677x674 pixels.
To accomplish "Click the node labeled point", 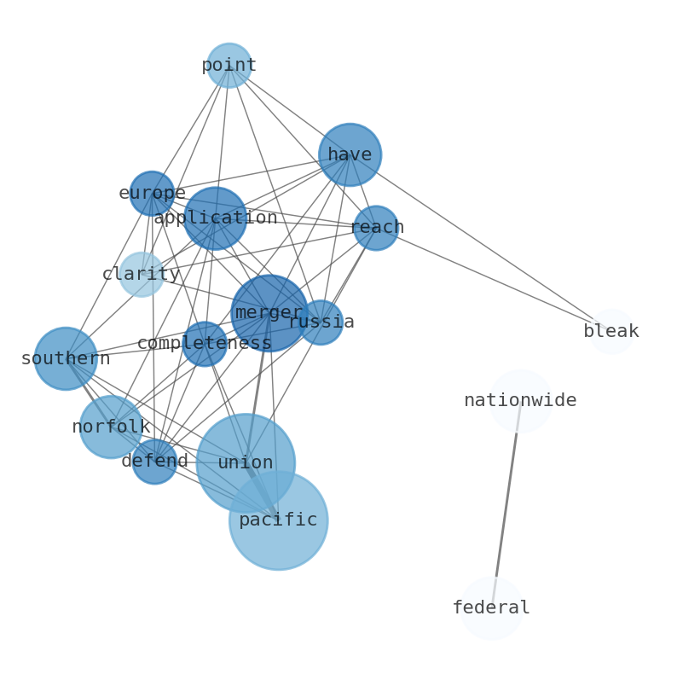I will [x=229, y=66].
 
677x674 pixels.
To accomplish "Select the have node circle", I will [x=350, y=154].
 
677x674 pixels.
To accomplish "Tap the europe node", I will [x=152, y=194].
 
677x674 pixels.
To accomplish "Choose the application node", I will [x=215, y=218].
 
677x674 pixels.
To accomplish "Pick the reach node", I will [x=376, y=228].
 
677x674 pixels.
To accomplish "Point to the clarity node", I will [x=142, y=275].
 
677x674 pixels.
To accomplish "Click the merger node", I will [x=269, y=313].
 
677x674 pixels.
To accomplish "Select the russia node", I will [x=321, y=322].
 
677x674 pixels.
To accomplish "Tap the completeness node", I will [x=205, y=344].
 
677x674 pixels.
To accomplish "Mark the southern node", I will [x=66, y=359].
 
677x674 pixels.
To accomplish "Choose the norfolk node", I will [x=111, y=427].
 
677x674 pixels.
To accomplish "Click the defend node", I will [x=154, y=462].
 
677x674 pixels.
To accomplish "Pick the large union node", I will [x=246, y=463].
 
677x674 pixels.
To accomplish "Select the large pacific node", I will [x=278, y=520].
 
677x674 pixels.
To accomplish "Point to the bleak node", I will [x=611, y=332].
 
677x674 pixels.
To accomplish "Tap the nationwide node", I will [x=520, y=401].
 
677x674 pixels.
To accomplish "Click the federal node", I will [x=491, y=608].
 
